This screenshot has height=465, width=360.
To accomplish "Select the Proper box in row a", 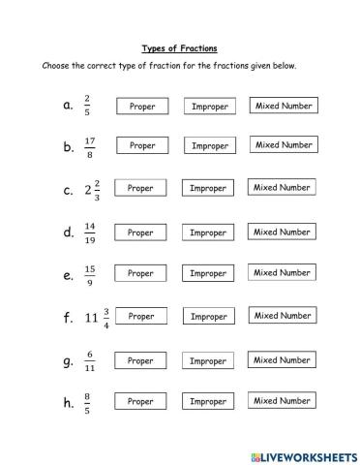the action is [x=141, y=107].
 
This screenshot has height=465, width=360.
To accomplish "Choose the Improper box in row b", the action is [x=210, y=146].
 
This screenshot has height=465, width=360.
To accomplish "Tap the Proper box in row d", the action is [x=141, y=232].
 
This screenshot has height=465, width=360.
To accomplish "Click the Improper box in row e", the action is [x=208, y=274].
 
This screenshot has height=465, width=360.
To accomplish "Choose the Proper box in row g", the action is [x=141, y=360].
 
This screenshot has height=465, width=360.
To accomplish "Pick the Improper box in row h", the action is [x=208, y=401].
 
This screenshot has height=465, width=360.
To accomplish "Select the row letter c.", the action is [x=68, y=190].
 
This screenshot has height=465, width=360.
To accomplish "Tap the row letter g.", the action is [x=68, y=362].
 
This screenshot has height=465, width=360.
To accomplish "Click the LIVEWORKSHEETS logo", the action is [x=304, y=453].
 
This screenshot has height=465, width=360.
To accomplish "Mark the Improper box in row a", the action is [x=210, y=107].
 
